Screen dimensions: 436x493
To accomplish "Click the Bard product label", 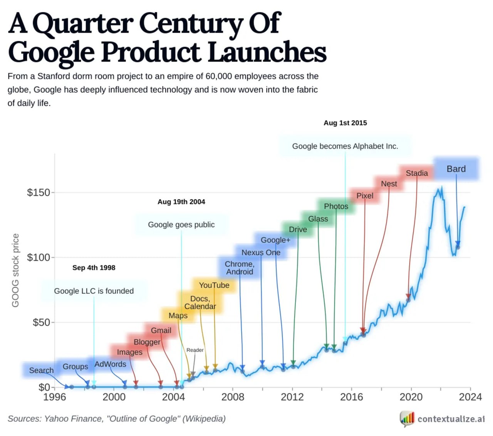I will (456, 169).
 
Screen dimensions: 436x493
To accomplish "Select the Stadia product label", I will (417, 173).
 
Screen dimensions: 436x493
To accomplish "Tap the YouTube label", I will (214, 285).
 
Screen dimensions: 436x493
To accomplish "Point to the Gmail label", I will (161, 330).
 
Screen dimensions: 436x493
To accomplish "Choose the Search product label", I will (41, 371).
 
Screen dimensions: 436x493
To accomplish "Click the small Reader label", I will (195, 350).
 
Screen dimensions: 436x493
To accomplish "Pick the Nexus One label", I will (261, 253).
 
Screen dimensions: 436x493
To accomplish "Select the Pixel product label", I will (365, 196).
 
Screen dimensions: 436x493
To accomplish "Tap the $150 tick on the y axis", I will (39, 193).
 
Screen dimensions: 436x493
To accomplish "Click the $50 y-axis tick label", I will (41, 322).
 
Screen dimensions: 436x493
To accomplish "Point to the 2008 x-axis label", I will (233, 397).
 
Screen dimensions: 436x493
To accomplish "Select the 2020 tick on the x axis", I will (411, 397).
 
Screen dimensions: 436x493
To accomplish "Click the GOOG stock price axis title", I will (15, 270).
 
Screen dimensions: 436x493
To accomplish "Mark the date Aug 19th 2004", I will (181, 202).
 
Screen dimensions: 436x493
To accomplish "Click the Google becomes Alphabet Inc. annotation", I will (345, 146).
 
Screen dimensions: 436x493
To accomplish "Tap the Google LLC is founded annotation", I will (94, 291).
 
